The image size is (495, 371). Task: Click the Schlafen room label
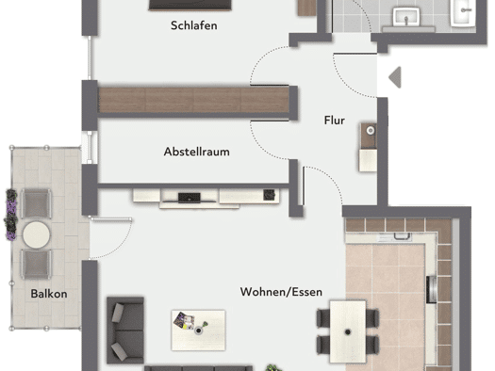[194, 25]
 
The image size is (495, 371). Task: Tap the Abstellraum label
[197, 152]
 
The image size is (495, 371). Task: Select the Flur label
[335, 121]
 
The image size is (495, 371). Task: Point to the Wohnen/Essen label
[281, 292]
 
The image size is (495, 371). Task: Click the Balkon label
[49, 294]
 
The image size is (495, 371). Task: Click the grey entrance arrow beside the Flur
[395, 77]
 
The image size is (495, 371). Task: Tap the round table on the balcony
[37, 234]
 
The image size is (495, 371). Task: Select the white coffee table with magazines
[198, 330]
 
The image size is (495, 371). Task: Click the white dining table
[348, 331]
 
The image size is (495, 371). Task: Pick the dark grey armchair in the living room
[125, 330]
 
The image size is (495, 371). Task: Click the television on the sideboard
[190, 198]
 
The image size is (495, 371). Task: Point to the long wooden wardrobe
[193, 100]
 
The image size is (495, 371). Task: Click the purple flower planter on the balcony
[11, 215]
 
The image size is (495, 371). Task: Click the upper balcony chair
[36, 203]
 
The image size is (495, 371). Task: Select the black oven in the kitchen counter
[431, 289]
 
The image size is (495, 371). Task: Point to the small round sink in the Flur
[371, 130]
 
